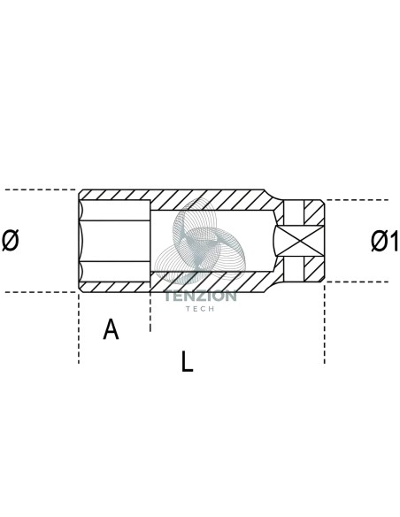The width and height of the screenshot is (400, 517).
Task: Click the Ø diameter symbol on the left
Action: [x=11, y=241]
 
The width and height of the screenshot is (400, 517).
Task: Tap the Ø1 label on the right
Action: [x=385, y=241]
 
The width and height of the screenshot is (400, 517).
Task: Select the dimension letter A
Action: [x=111, y=329]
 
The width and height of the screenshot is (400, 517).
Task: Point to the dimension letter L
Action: [x=187, y=362]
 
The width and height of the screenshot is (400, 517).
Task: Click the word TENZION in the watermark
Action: [x=200, y=296]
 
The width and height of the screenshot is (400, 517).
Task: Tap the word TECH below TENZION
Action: [x=200, y=309]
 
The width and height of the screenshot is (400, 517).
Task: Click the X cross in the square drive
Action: [x=299, y=241]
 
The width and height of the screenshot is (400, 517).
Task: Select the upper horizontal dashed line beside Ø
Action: [x=40, y=189]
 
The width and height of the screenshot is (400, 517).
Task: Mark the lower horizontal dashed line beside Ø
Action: [x=40, y=292]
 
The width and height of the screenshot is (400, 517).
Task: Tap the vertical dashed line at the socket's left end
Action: [x=79, y=328]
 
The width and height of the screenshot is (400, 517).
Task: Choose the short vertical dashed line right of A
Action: [x=150, y=312]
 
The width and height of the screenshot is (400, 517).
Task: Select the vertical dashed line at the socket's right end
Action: [x=325, y=323]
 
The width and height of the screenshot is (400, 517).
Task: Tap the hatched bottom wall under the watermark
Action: [x=211, y=282]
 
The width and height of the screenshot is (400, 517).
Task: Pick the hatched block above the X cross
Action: [x=313, y=213]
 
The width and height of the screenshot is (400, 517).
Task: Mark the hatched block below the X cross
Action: [x=313, y=269]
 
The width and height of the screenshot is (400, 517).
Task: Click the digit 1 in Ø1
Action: [x=394, y=241]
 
